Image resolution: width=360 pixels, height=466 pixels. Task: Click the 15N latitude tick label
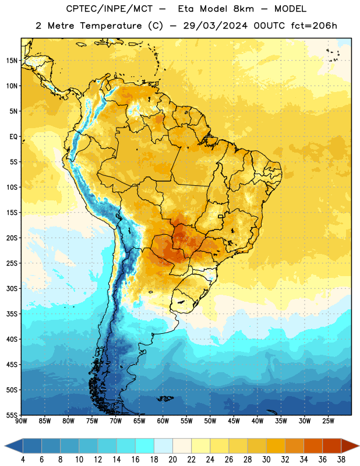pyautogui.click(x=12, y=61)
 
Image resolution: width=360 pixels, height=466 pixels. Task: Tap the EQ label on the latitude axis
pyautogui.click(x=13, y=137)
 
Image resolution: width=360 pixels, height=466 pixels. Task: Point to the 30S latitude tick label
pyautogui.click(x=12, y=288)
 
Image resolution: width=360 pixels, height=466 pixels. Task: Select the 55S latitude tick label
pyautogui.click(x=12, y=415)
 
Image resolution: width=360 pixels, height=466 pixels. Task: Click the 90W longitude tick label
pyautogui.click(x=21, y=421)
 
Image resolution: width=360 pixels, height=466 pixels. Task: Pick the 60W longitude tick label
pyautogui.click(x=163, y=421)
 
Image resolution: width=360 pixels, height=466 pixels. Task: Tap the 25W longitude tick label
pyautogui.click(x=328, y=421)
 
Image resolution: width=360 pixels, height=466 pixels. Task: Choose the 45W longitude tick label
pyautogui.click(x=234, y=421)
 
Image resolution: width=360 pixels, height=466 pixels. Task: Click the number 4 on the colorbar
pyautogui.click(x=23, y=460)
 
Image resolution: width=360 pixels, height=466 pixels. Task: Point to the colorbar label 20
pyautogui.click(x=172, y=460)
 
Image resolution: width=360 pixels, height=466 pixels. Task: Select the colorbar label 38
pyautogui.click(x=341, y=460)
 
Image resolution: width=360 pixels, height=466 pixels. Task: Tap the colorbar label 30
pyautogui.click(x=266, y=460)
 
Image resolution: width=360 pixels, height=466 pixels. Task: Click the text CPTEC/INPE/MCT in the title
pyautogui.click(x=109, y=9)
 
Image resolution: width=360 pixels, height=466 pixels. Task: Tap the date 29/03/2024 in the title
pyautogui.click(x=215, y=26)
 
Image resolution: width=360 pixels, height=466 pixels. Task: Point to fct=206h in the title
pyautogui.click(x=314, y=26)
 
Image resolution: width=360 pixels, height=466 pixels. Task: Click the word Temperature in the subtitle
pyautogui.click(x=111, y=26)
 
